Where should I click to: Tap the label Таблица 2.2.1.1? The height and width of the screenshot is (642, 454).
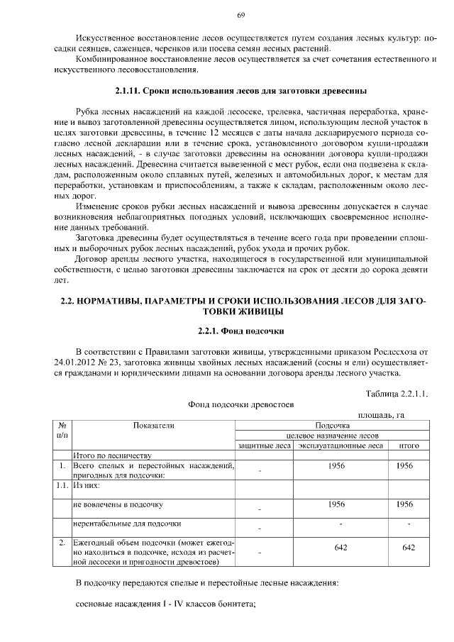click(x=397, y=393)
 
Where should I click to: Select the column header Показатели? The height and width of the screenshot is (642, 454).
click(x=153, y=425)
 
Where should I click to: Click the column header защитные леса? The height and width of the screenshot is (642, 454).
click(x=264, y=445)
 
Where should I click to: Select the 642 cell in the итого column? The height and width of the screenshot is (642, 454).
click(x=409, y=548)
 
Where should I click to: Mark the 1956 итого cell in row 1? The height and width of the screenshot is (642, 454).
click(x=404, y=465)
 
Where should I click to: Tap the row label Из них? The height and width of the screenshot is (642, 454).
click(x=87, y=486)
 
